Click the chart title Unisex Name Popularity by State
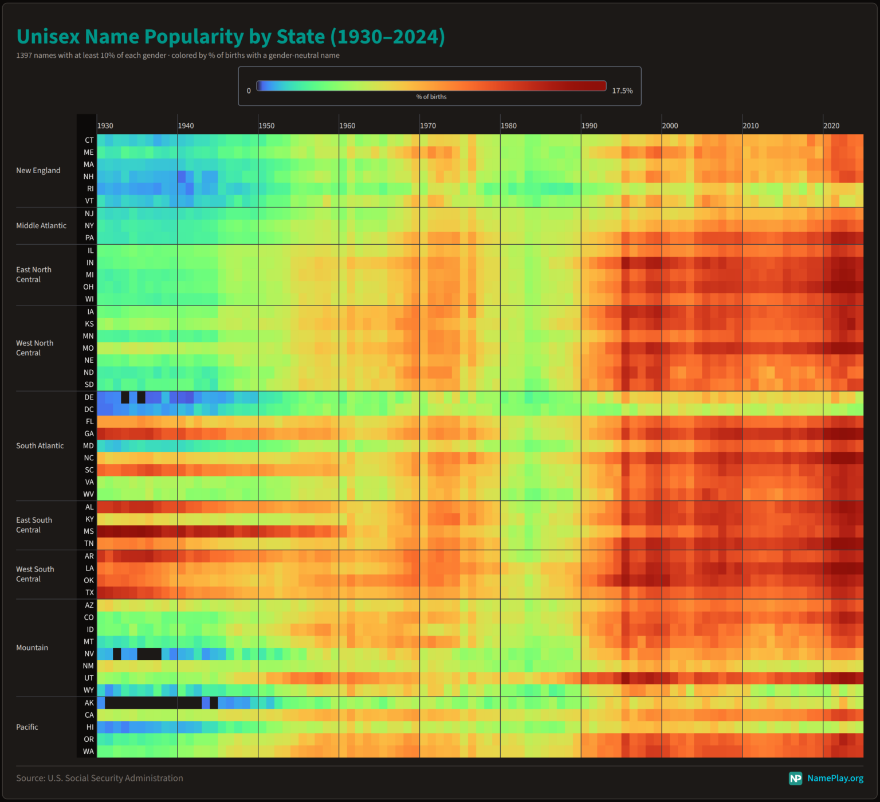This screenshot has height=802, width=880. [x=230, y=37]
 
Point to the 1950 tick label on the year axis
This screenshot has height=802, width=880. [x=266, y=126]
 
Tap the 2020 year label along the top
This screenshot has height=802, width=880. [x=831, y=126]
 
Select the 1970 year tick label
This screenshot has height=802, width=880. [x=428, y=126]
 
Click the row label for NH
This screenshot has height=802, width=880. [x=88, y=177]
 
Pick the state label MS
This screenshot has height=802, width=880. [x=88, y=531]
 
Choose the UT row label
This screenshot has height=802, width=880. [x=89, y=678]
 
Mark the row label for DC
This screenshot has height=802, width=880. [x=89, y=409]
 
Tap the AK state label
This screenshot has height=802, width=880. [x=89, y=703]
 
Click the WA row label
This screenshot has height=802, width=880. [x=88, y=752]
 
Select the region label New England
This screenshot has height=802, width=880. [x=38, y=170]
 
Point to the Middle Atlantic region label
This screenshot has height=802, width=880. [x=41, y=226]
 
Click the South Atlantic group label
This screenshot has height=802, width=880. [x=40, y=446]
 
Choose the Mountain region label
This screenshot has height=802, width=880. [x=32, y=648]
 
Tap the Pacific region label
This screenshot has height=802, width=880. [x=27, y=727]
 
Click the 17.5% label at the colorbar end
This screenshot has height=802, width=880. [x=622, y=91]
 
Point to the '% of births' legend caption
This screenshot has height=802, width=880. [x=431, y=97]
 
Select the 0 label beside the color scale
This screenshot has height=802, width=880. [x=249, y=91]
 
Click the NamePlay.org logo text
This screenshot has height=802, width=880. [x=835, y=778]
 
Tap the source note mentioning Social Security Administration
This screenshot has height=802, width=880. [x=100, y=778]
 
